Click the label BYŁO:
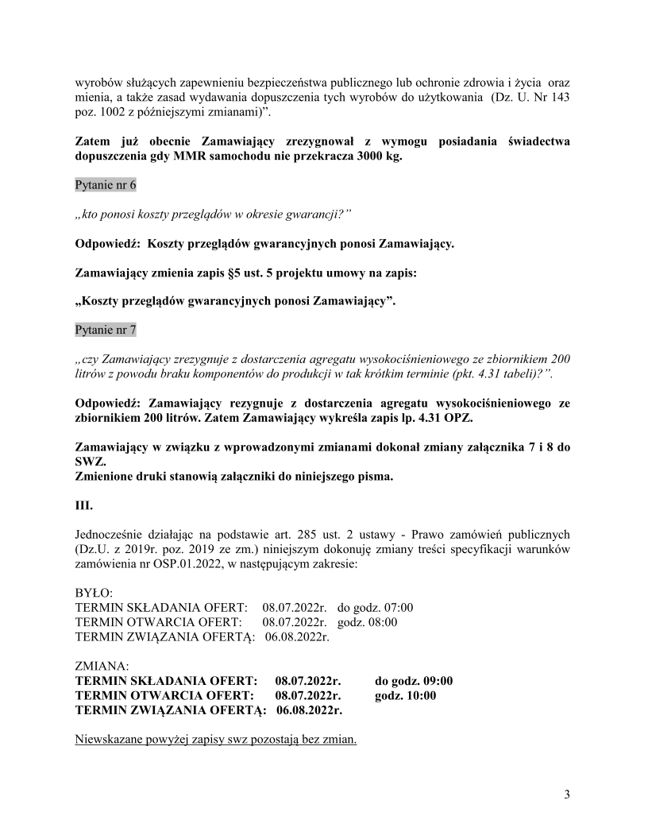click(x=94, y=593)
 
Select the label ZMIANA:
click(x=102, y=666)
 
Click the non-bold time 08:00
click(x=382, y=622)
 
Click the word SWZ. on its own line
click(x=89, y=462)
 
